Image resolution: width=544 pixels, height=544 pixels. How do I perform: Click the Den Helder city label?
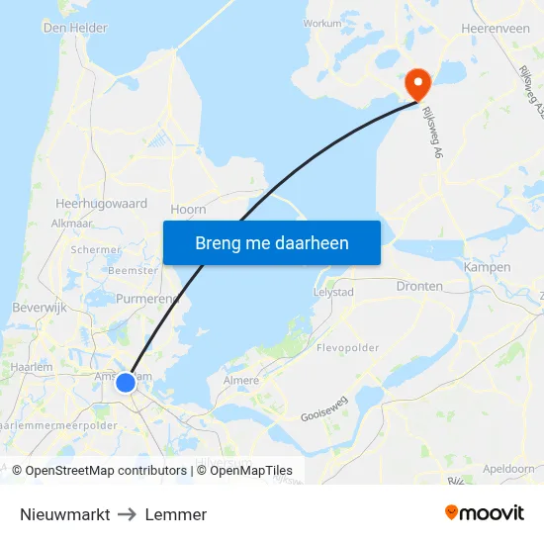click(x=75, y=28)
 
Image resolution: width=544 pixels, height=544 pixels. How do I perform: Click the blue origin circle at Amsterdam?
click(x=126, y=382)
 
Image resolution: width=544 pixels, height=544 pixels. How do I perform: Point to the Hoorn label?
click(x=188, y=209)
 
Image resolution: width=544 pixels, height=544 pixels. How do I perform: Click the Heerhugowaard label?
click(x=102, y=204)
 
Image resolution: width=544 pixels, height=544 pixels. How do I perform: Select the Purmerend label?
click(x=146, y=299)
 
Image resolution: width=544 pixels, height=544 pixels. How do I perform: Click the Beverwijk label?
click(x=39, y=309)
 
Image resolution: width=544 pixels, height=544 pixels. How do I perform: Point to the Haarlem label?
click(x=31, y=367)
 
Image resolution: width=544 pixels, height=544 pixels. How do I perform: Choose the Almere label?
click(x=241, y=381)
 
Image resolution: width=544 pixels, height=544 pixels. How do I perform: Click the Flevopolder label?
click(x=348, y=348)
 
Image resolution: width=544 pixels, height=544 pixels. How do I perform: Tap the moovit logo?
click(x=484, y=513)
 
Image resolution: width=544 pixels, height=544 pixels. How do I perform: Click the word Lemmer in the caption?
click(x=176, y=514)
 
